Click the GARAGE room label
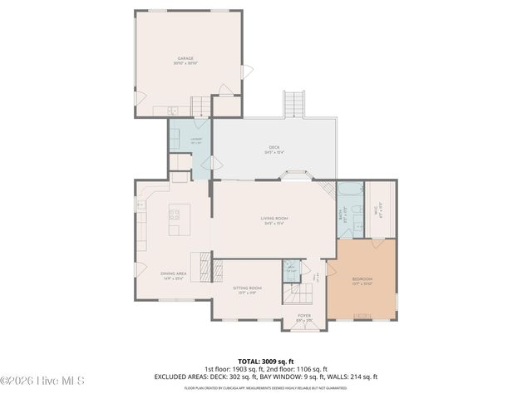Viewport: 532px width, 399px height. (185, 59)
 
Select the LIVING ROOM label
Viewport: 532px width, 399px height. (273, 219)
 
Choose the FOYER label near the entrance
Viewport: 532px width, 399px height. (304, 317)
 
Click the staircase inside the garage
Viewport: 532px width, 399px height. (200, 106)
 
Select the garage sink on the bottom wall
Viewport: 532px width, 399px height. (171, 111)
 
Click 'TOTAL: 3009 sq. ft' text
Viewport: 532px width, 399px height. (265, 362)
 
